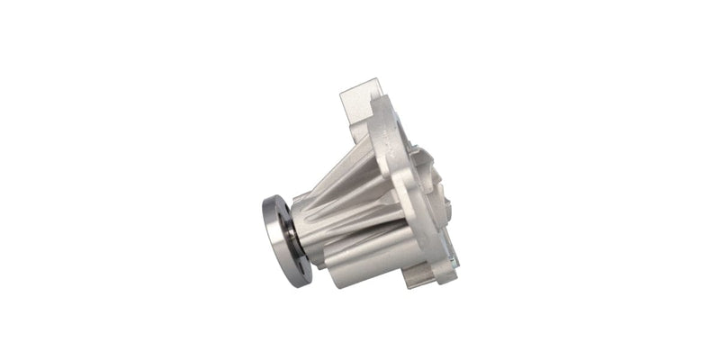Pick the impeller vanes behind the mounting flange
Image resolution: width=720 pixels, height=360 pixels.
point(441,189)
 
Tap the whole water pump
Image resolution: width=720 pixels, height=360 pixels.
point(369,193)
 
